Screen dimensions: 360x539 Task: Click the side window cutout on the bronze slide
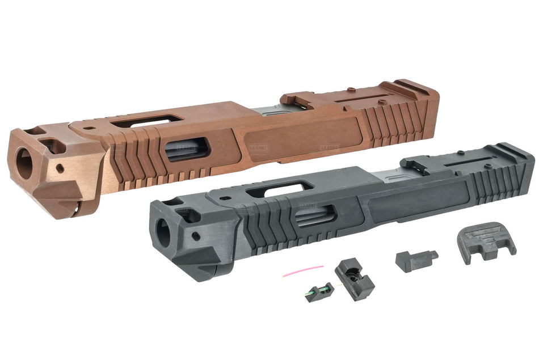click(x=187, y=149)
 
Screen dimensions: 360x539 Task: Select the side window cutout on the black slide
click(x=315, y=215)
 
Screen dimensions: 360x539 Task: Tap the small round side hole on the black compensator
click(x=196, y=234)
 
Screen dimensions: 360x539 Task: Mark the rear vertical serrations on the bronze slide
click(x=391, y=121)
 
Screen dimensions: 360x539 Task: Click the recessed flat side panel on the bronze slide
click(x=304, y=134)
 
